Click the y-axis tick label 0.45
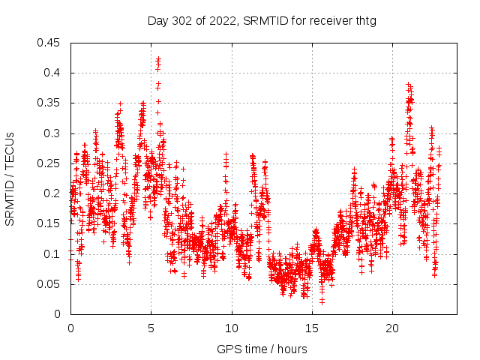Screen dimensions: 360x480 tap(50, 43)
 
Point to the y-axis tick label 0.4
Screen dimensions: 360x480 tap(53, 73)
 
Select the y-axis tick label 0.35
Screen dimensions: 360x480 tap(50, 103)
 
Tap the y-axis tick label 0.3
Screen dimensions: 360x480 tap(53, 133)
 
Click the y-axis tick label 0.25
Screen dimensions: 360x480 tap(50, 163)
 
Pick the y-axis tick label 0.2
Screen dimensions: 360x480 tap(53, 193)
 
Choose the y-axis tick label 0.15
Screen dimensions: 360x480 tap(50, 223)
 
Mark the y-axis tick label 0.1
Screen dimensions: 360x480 tap(53, 253)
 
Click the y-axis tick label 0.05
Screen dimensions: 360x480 tap(50, 284)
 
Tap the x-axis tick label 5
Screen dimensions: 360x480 tap(151, 328)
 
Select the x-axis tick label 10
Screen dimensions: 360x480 tap(232, 328)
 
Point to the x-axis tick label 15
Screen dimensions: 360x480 tap(312, 328)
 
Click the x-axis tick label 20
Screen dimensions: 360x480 tap(392, 328)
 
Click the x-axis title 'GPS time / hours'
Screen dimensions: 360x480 tap(262, 349)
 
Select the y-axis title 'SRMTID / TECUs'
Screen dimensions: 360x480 tap(10, 178)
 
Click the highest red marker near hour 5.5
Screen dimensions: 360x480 tap(158, 58)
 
